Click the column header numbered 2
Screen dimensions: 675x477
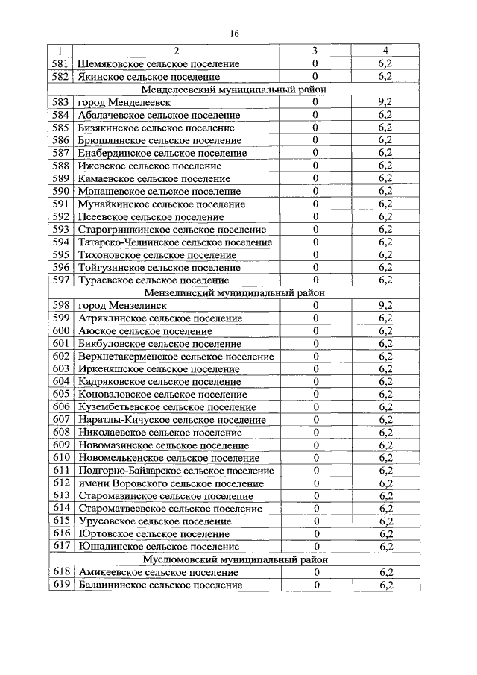pos(177,51)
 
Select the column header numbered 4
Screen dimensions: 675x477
pos(385,51)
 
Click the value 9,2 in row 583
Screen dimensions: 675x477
pos(385,101)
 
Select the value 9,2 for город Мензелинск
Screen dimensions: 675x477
pos(385,306)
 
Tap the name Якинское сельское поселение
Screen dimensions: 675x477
pos(148,76)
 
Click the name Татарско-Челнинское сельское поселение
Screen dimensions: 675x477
pos(175,242)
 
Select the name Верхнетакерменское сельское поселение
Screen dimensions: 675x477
pos(175,357)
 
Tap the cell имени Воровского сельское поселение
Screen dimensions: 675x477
pos(170,483)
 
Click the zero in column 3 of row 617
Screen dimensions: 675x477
pos(315,547)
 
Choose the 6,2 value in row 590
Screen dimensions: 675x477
pos(385,191)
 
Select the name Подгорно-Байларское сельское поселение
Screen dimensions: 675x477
pos(176,471)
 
